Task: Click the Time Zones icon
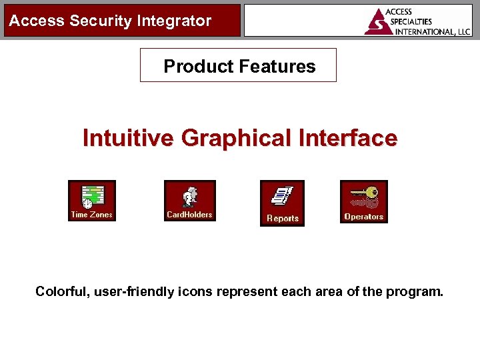click(92, 201)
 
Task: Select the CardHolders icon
click(189, 200)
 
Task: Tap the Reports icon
click(282, 203)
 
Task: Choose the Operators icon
click(363, 201)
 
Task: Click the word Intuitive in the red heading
click(129, 138)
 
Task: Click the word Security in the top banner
click(93, 21)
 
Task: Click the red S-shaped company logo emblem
click(377, 22)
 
